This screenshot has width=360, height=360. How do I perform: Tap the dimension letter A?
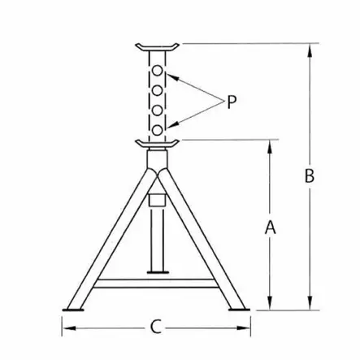click(x=272, y=229)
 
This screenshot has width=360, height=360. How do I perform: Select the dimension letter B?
click(x=310, y=176)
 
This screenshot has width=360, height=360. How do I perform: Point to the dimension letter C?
click(x=156, y=328)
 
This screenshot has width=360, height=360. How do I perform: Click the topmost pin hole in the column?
click(x=156, y=59)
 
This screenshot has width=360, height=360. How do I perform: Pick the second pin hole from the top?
click(x=156, y=79)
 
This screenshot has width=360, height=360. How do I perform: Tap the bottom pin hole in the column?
click(x=156, y=127)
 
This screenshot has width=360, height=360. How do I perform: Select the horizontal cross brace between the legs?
click(x=156, y=284)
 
